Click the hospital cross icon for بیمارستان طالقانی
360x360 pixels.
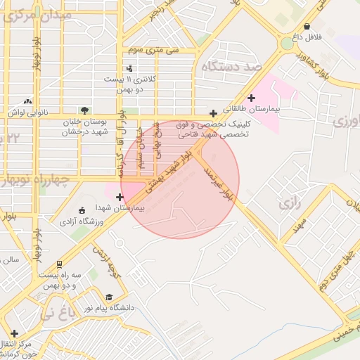click(x=252, y=98)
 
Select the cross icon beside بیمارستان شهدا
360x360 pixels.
click(x=120, y=197)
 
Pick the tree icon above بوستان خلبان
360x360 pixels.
click(x=85, y=110)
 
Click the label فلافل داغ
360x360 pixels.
click(x=307, y=34)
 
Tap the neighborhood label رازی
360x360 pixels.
click(x=289, y=204)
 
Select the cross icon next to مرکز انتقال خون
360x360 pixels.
click(x=15, y=333)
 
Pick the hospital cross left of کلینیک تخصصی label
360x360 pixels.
click(x=213, y=112)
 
